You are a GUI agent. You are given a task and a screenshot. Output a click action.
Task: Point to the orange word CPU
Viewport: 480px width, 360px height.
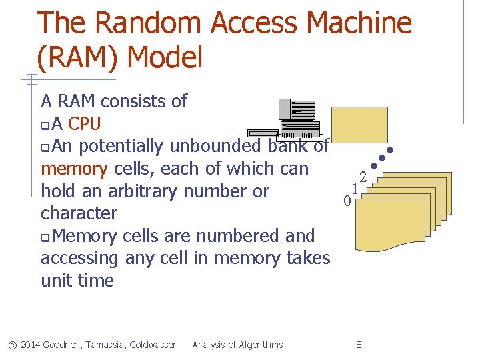[x=85, y=124]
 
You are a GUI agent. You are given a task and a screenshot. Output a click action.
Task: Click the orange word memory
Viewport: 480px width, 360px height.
[x=74, y=169]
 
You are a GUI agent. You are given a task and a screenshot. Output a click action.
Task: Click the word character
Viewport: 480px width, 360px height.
[x=79, y=214]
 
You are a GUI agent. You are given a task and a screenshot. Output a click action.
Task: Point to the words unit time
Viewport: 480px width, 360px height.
[x=77, y=281]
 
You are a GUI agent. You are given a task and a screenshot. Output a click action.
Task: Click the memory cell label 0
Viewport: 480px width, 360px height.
[x=347, y=201]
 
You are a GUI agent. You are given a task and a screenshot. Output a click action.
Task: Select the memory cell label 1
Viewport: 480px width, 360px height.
[x=355, y=189]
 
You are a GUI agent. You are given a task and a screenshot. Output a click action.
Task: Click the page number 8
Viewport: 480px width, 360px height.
[x=359, y=345]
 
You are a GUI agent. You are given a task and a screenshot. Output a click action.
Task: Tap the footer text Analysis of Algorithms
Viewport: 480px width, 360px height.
[x=237, y=345]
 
